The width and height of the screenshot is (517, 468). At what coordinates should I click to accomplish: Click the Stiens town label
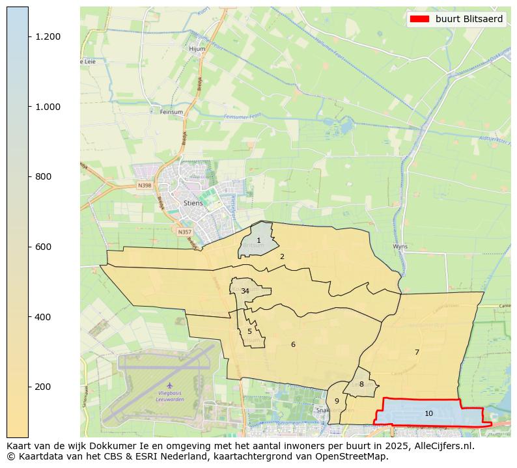tap(193, 203)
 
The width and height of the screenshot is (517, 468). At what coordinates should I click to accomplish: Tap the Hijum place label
tap(197, 49)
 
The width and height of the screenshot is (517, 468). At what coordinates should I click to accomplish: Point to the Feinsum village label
tap(171, 112)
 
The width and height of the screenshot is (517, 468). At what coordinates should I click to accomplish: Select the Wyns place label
tap(400, 247)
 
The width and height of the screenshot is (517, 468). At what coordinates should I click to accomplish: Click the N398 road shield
tap(145, 186)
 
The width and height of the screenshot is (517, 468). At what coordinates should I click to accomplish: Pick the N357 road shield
tap(184, 232)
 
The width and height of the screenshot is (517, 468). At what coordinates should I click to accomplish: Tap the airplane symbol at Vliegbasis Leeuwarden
tap(170, 385)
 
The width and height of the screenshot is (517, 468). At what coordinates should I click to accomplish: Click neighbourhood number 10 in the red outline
tap(428, 413)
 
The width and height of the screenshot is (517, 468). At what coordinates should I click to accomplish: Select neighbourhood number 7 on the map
tap(417, 352)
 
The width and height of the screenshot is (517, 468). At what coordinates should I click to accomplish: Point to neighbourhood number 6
tap(293, 344)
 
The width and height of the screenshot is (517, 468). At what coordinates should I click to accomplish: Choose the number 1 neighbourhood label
tap(258, 240)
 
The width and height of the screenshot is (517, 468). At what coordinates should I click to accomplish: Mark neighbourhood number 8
tap(361, 384)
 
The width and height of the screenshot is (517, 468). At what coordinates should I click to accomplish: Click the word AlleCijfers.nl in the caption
tap(441, 446)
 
